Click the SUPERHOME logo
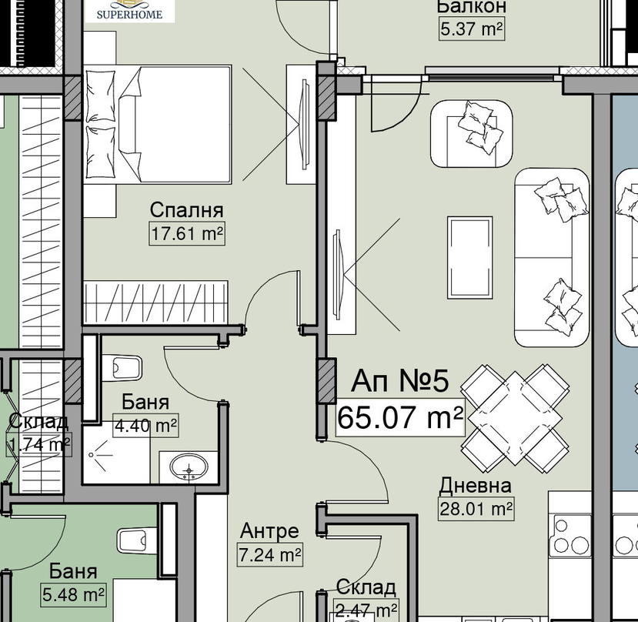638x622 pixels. pyautogui.click(x=130, y=11)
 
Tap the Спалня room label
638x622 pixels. pyautogui.click(x=186, y=210)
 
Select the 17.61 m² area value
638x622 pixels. pyautogui.click(x=187, y=234)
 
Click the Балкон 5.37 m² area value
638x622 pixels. pyautogui.click(x=472, y=29)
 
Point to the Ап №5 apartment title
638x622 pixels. pyautogui.click(x=400, y=381)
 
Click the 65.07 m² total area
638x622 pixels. pyautogui.click(x=400, y=417)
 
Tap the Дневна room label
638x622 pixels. pyautogui.click(x=476, y=485)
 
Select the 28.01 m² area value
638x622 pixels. pyautogui.click(x=476, y=509)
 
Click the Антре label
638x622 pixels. pyautogui.click(x=269, y=531)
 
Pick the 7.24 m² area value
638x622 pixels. pyautogui.click(x=270, y=555)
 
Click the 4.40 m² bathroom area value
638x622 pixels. pyautogui.click(x=145, y=426)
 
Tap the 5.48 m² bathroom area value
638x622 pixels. pyautogui.click(x=73, y=595)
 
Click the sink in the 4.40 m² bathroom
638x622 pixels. pyautogui.click(x=189, y=467)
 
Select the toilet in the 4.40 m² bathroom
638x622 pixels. pyautogui.click(x=122, y=368)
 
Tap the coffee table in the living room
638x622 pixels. pyautogui.click(x=470, y=258)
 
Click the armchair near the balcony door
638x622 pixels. pyautogui.click(x=472, y=134)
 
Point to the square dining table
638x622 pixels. pyautogui.click(x=515, y=418)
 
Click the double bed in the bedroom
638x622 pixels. pyautogui.click(x=158, y=124)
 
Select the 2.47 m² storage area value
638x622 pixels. pyautogui.click(x=366, y=610)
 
